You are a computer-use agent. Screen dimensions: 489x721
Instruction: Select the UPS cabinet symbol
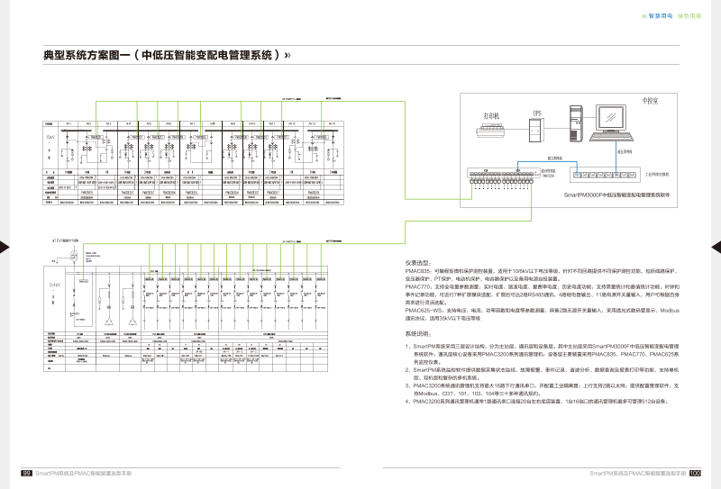[538, 128]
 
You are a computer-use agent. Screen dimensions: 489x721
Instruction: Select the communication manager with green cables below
[492, 177]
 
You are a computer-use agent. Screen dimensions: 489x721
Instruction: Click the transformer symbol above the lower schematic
[73, 257]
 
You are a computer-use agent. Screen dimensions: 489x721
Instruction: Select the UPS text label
[537, 112]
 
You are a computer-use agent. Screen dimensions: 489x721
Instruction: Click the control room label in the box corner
[648, 101]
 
